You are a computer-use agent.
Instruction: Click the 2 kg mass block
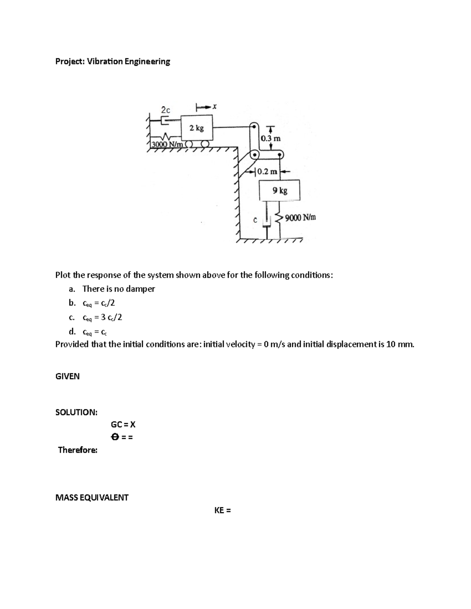click(196, 128)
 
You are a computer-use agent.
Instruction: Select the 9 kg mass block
click(279, 191)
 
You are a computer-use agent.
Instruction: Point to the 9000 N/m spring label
click(300, 217)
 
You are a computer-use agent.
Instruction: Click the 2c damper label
click(166, 110)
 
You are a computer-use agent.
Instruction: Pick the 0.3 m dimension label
click(271, 138)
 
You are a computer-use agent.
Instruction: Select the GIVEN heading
click(68, 376)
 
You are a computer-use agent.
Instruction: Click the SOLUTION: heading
click(77, 412)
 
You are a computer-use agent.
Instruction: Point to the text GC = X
click(123, 424)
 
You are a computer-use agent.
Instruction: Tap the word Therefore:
click(78, 450)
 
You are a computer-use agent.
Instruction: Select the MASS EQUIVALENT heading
click(92, 498)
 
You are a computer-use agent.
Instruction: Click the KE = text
click(222, 510)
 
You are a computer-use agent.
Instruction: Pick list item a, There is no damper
click(119, 289)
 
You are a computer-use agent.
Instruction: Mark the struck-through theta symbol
click(115, 437)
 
